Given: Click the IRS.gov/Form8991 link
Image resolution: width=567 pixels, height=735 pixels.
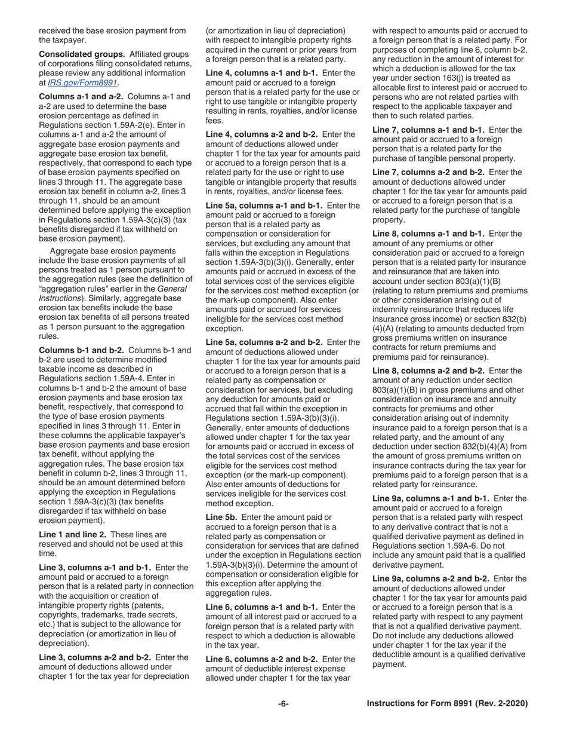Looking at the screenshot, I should pyautogui.click(x=83, y=82).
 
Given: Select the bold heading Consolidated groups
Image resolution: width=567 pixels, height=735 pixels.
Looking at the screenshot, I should pyautogui.click(x=81, y=54).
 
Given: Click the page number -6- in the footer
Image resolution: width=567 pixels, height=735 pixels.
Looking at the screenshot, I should pyautogui.click(x=283, y=704).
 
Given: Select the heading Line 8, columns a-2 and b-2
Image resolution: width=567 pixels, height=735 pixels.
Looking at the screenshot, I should pyautogui.click(x=430, y=371).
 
